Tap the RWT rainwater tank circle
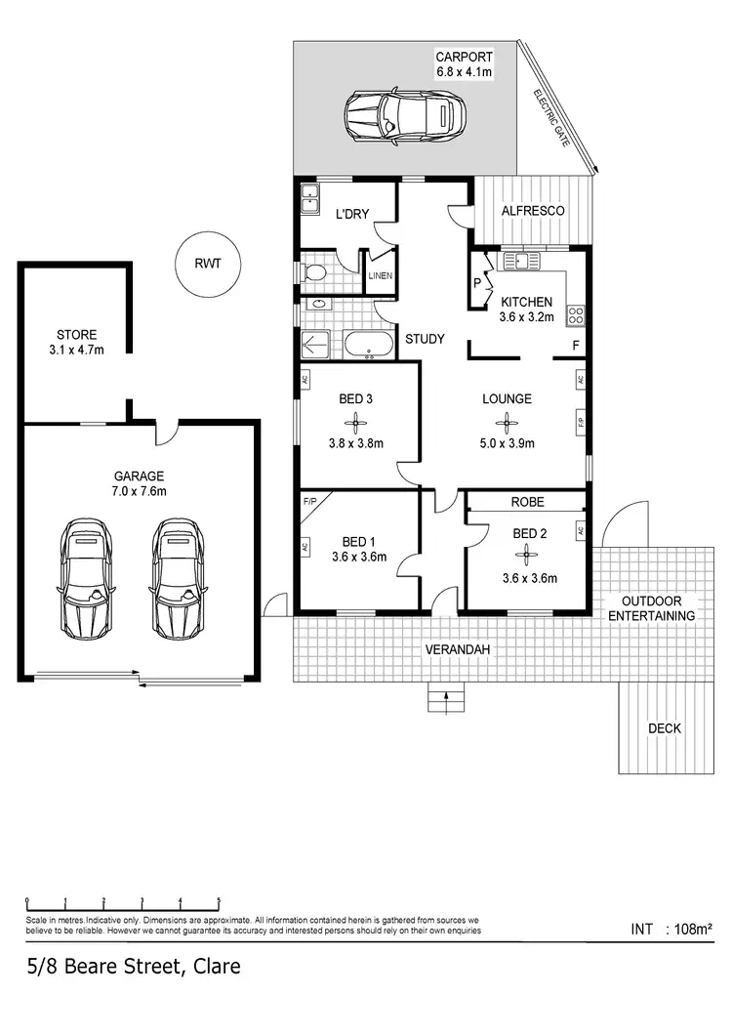[206, 263]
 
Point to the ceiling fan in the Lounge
[507, 422]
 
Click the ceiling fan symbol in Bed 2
[527, 555]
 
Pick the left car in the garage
[86, 579]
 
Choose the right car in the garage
[176, 579]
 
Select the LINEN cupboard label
[380, 276]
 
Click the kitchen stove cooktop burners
[576, 314]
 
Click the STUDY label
[425, 339]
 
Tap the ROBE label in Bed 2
[527, 502]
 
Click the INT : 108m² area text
[673, 929]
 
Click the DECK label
[664, 728]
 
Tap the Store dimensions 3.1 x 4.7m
[76, 349]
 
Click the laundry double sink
[311, 198]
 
